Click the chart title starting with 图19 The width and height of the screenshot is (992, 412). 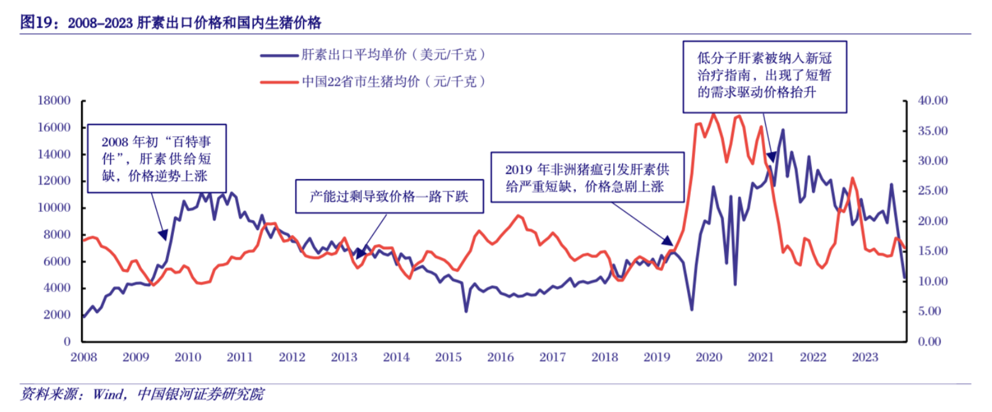[171, 23]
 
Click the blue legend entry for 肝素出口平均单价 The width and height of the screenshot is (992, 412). [393, 55]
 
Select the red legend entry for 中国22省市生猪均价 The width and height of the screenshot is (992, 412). [393, 81]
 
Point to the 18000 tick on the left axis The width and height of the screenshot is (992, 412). [54, 100]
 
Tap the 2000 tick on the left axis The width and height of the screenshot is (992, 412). [57, 314]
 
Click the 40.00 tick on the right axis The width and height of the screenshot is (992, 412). [932, 100]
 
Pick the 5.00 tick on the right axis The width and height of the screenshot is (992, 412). [929, 311]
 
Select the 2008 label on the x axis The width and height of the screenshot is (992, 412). [84, 357]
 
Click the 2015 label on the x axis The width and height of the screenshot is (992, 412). [448, 357]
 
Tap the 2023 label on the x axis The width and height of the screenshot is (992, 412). [865, 357]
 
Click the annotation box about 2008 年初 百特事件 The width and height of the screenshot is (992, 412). [157, 159]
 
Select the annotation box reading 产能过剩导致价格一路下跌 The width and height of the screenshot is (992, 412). [389, 196]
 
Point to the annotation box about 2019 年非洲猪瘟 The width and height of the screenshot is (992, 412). [586, 177]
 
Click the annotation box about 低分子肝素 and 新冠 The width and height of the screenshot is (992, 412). [765, 76]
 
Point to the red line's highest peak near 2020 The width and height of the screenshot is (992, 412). [713, 114]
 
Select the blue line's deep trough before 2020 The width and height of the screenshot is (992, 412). [691, 309]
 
